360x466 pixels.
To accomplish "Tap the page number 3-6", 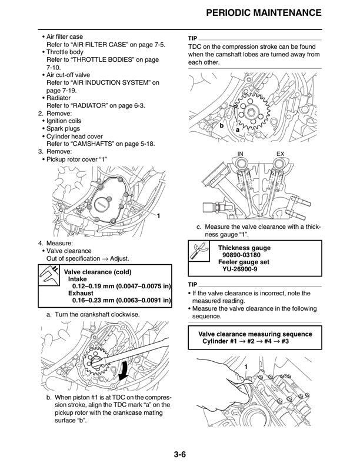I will [x=180, y=454].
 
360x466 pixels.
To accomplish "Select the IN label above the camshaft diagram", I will [x=240, y=154].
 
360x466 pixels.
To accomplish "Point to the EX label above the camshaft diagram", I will [x=279, y=154].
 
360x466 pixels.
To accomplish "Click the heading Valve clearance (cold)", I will [x=97, y=272].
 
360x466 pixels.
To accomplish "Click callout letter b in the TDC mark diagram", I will [x=222, y=126].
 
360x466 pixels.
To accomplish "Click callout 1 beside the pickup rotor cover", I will [x=158, y=217].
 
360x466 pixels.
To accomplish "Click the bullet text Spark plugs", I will [x=63, y=128].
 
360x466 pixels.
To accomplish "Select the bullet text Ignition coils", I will [x=64, y=120].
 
